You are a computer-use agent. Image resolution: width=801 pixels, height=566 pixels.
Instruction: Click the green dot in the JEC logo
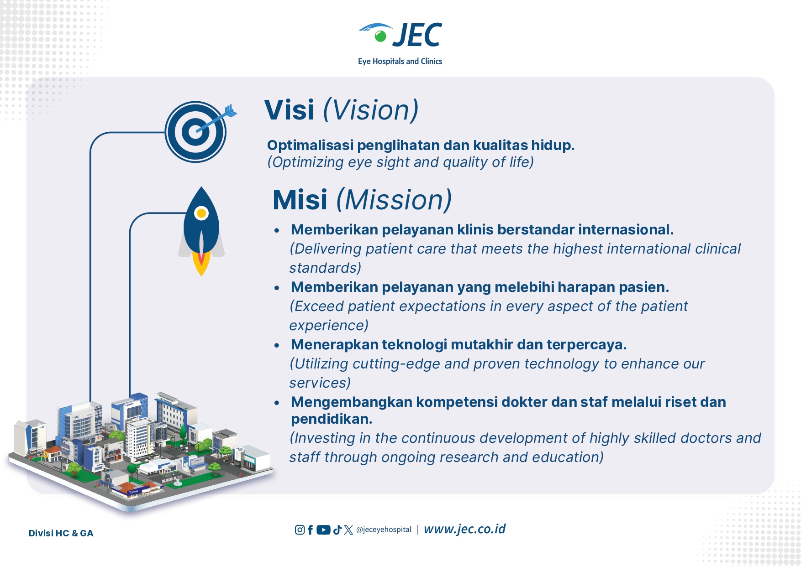(x=380, y=36)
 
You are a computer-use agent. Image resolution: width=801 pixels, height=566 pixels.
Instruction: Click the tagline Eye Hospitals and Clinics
(x=400, y=61)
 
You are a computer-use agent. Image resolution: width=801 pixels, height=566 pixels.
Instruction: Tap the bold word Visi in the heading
(x=289, y=110)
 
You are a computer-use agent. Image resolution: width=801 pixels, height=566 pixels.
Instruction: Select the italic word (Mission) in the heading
(x=394, y=200)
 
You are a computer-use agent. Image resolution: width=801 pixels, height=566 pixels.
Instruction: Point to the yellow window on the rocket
(x=201, y=213)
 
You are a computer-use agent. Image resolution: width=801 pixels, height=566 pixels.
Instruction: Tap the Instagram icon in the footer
(x=300, y=530)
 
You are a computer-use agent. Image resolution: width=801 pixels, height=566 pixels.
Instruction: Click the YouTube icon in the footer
(x=323, y=530)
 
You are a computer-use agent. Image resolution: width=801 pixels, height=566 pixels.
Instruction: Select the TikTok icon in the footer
(x=337, y=530)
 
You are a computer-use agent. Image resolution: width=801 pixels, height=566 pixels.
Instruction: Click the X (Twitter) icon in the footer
(x=348, y=530)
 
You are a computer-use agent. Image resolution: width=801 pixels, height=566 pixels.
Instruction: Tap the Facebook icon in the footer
(x=311, y=530)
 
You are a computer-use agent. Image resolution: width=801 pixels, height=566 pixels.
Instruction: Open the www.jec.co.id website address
(x=464, y=529)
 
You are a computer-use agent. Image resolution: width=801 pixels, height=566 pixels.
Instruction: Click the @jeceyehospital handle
(x=384, y=530)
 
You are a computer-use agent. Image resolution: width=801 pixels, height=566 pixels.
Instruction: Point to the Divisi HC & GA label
(x=61, y=533)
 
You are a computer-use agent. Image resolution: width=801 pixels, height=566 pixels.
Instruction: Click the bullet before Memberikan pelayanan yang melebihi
(x=277, y=288)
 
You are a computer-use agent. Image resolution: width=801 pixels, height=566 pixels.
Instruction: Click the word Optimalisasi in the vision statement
(x=311, y=145)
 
